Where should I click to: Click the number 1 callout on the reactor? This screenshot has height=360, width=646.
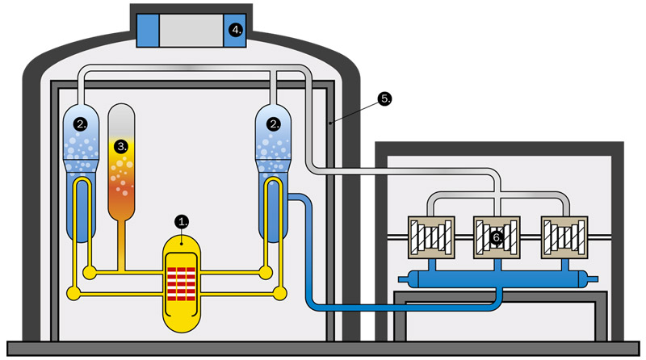pyautogui.click(x=182, y=220)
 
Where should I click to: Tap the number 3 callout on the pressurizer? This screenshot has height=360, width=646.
pyautogui.click(x=121, y=146)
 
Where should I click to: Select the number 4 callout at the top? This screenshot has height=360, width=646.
pyautogui.click(x=237, y=30)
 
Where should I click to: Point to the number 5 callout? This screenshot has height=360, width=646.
pyautogui.click(x=385, y=98)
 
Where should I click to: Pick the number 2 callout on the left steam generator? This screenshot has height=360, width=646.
pyautogui.click(x=79, y=123)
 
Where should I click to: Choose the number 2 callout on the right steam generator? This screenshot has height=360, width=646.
pyautogui.click(x=275, y=123)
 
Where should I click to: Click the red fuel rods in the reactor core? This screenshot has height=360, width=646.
pyautogui.click(x=182, y=282)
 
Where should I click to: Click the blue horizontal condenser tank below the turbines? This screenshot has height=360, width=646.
pyautogui.click(x=501, y=278)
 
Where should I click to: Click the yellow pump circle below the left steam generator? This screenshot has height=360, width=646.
pyautogui.click(x=75, y=293)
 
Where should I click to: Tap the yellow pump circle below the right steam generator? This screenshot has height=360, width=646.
pyautogui.click(x=280, y=293)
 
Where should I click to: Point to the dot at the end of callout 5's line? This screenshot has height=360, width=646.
pyautogui.click(x=332, y=123)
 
